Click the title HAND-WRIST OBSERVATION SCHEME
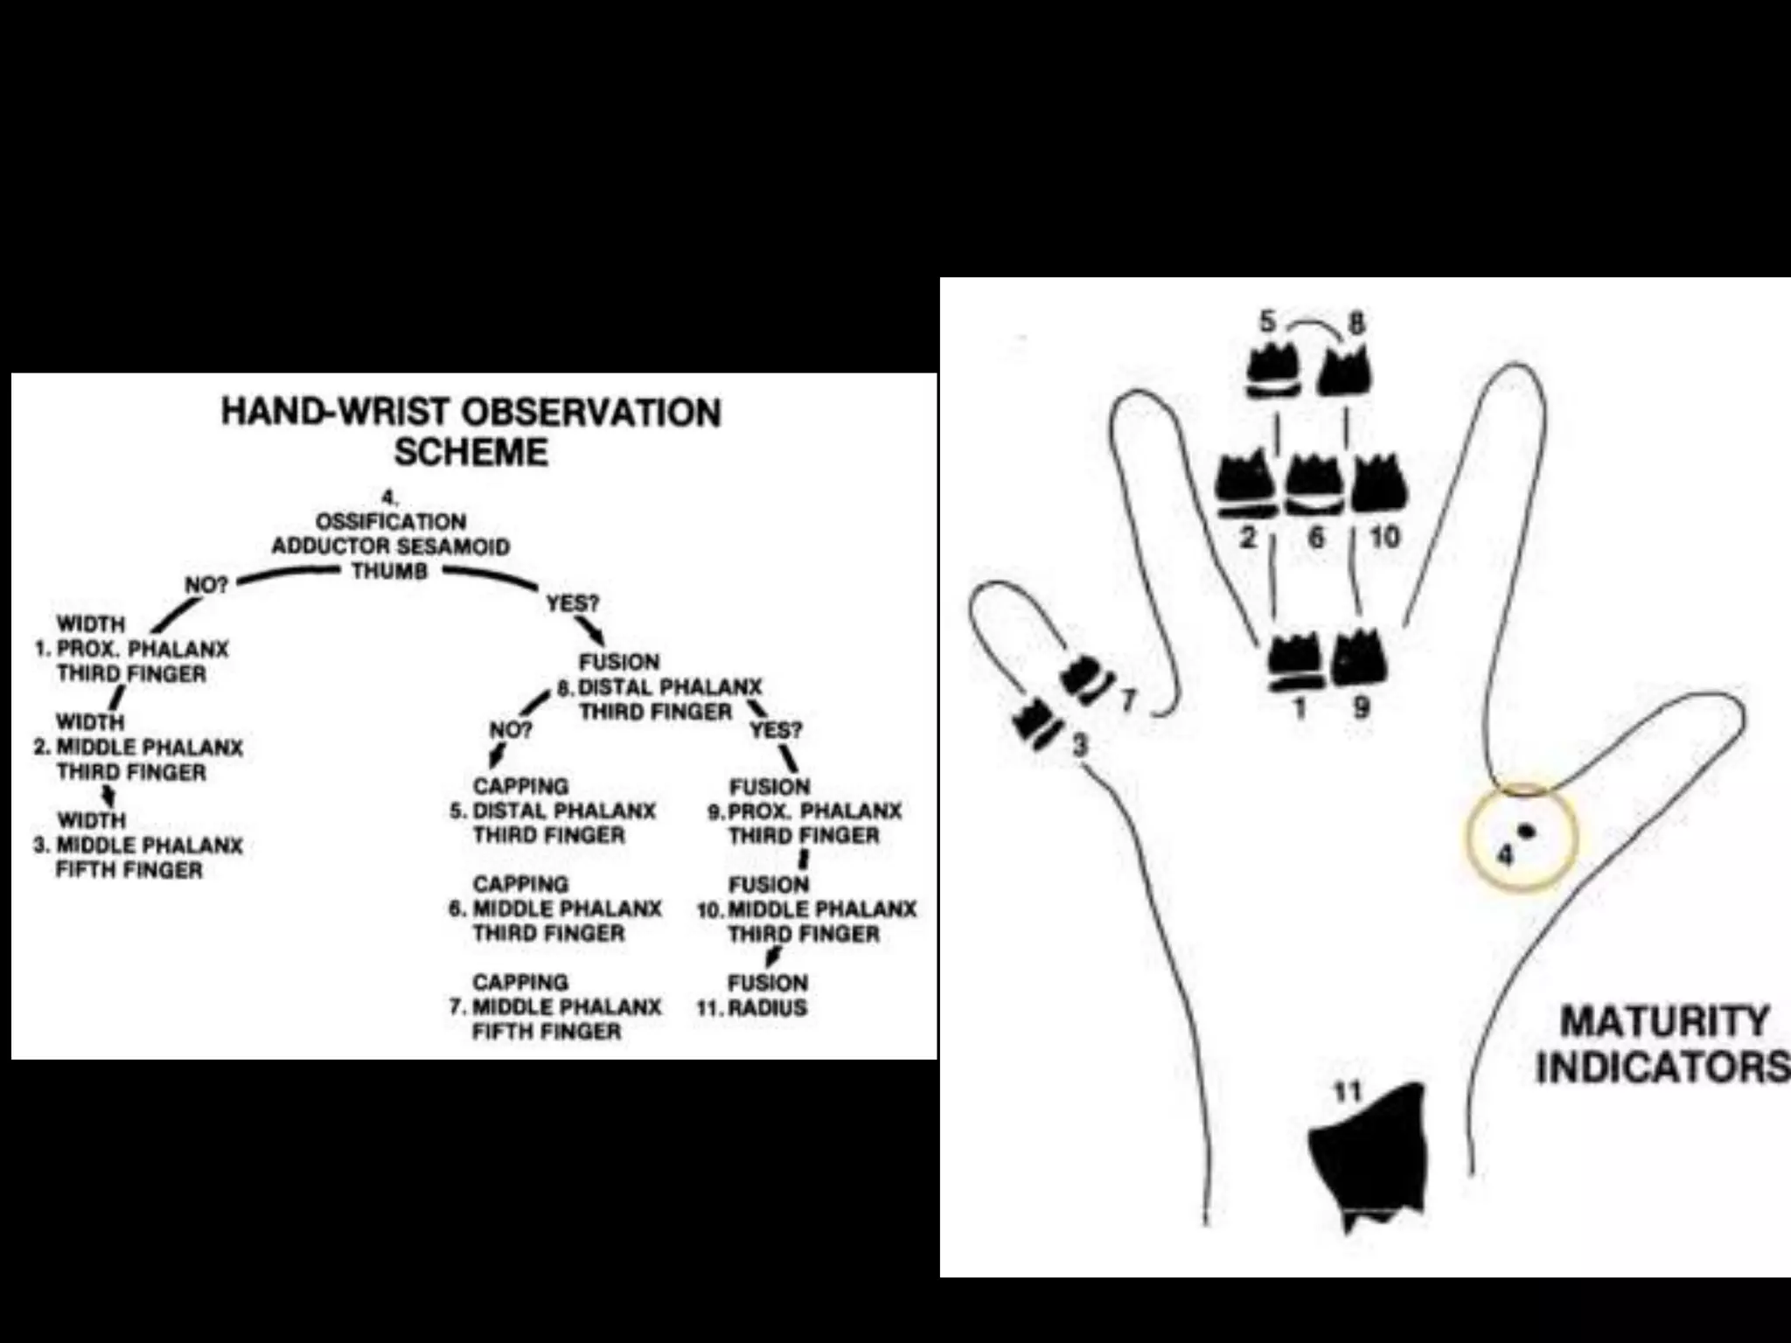point(470,432)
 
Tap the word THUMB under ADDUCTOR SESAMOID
point(390,571)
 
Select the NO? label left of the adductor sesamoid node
point(206,585)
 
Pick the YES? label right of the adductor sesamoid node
point(573,603)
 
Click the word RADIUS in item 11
point(767,1007)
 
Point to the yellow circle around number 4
point(1522,836)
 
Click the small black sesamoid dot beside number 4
point(1527,831)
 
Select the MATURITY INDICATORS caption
point(1662,1044)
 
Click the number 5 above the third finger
point(1267,322)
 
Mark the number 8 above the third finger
point(1355,324)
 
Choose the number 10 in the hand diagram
point(1383,536)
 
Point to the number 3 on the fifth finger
point(1081,745)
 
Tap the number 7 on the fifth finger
point(1127,700)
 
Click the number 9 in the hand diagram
point(1361,706)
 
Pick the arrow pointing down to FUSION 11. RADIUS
point(771,957)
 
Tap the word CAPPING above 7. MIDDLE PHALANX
point(520,982)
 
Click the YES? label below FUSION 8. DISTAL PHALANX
point(775,729)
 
